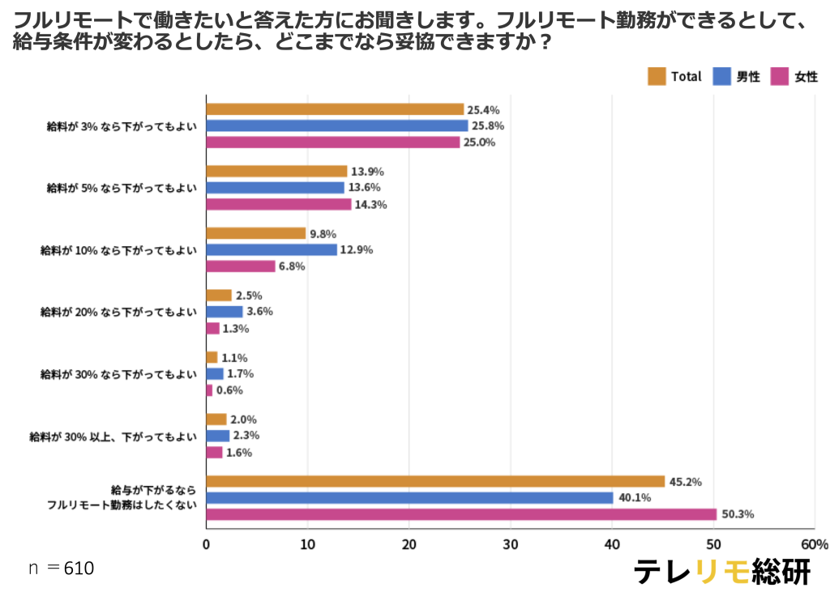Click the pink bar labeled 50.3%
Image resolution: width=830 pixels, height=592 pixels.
tap(461, 514)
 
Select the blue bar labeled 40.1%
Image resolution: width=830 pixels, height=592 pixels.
tap(409, 498)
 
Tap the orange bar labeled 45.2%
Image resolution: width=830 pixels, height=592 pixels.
tap(435, 482)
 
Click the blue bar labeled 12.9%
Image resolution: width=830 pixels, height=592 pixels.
tap(272, 250)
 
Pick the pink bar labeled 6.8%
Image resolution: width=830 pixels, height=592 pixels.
tap(241, 266)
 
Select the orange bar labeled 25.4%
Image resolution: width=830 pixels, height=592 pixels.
tap(335, 109)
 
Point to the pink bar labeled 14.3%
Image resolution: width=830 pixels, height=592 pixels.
tap(279, 204)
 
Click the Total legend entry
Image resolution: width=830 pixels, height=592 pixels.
tap(674, 77)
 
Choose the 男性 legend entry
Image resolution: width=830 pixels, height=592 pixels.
tap(736, 77)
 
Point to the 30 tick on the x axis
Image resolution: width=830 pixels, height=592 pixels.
tap(511, 544)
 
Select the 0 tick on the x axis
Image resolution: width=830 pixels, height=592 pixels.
tap(207, 544)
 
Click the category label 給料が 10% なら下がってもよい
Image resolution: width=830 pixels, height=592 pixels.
tap(118, 250)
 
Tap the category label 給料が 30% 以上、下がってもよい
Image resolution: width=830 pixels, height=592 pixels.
tap(113, 437)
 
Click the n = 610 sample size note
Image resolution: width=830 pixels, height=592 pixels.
tap(62, 569)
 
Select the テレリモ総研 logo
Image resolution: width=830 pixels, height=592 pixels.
tap(721, 570)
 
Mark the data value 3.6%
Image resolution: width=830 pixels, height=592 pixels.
tap(259, 312)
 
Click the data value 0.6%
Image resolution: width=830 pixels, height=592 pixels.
tap(229, 390)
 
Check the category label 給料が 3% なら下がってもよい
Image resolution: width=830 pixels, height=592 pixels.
tap(122, 126)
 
